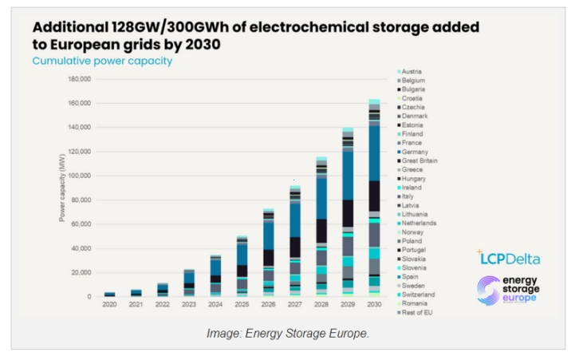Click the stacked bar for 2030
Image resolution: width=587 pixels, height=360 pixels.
[x=373, y=199]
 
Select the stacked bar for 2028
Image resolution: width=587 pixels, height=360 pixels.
[x=321, y=227]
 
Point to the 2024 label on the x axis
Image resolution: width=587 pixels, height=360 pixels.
[x=215, y=305]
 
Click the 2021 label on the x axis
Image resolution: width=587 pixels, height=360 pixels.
[x=136, y=305]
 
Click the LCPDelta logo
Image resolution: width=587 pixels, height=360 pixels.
[x=508, y=258]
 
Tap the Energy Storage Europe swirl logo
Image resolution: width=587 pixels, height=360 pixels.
[x=488, y=291]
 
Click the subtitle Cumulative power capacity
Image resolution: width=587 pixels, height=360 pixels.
[x=102, y=61]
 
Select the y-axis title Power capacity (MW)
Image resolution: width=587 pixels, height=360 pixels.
[x=61, y=188]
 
